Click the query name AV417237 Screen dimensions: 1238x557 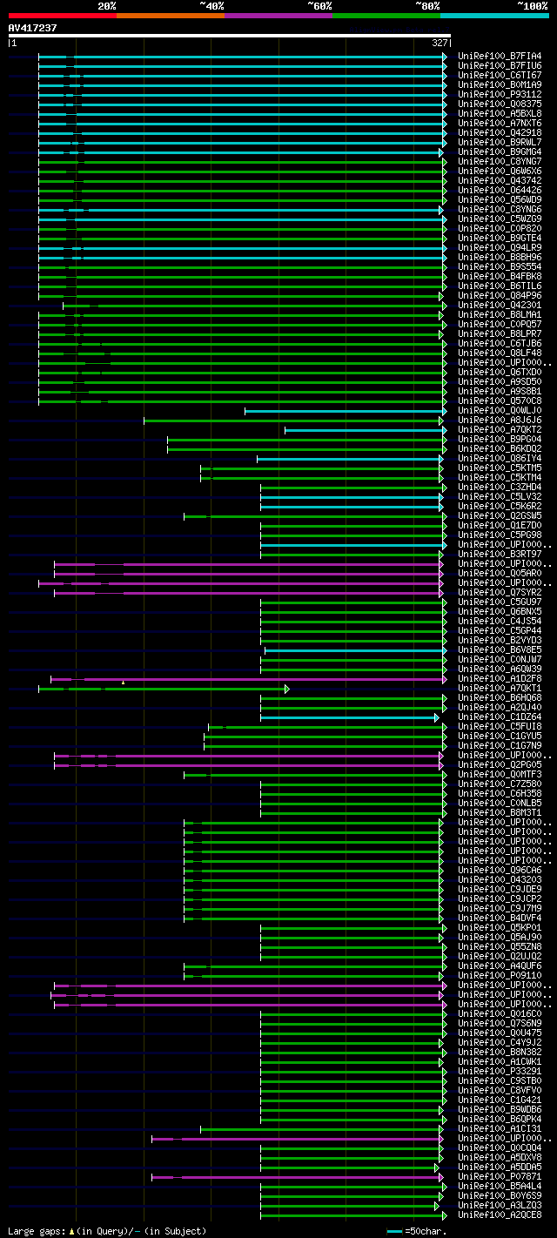tap(32, 28)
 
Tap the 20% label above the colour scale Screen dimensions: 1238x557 tap(106, 5)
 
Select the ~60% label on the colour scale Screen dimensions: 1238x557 tap(319, 5)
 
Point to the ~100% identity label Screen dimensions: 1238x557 tap(533, 5)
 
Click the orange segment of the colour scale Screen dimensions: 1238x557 tap(170, 15)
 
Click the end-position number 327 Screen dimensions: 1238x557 tap(440, 42)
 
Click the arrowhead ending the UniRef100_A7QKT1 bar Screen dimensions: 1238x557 tap(286, 689)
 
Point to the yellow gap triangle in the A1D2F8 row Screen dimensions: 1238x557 tap(124, 683)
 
